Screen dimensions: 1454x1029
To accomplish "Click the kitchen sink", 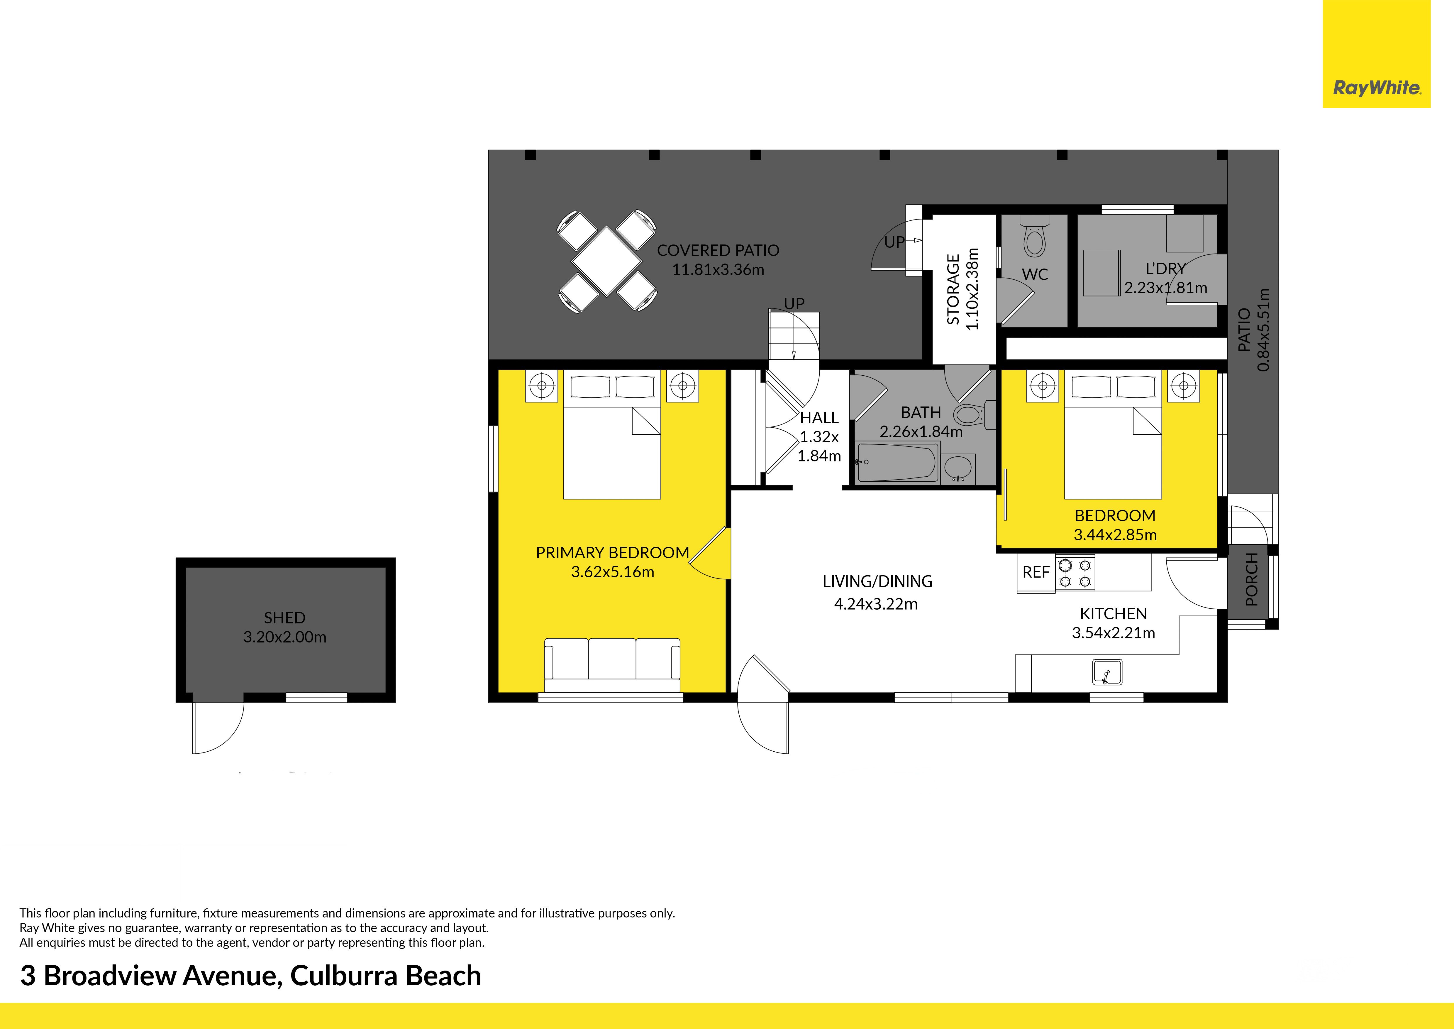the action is pyautogui.click(x=1107, y=672).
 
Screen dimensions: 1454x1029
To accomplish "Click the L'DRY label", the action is pyautogui.click(x=1165, y=269).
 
